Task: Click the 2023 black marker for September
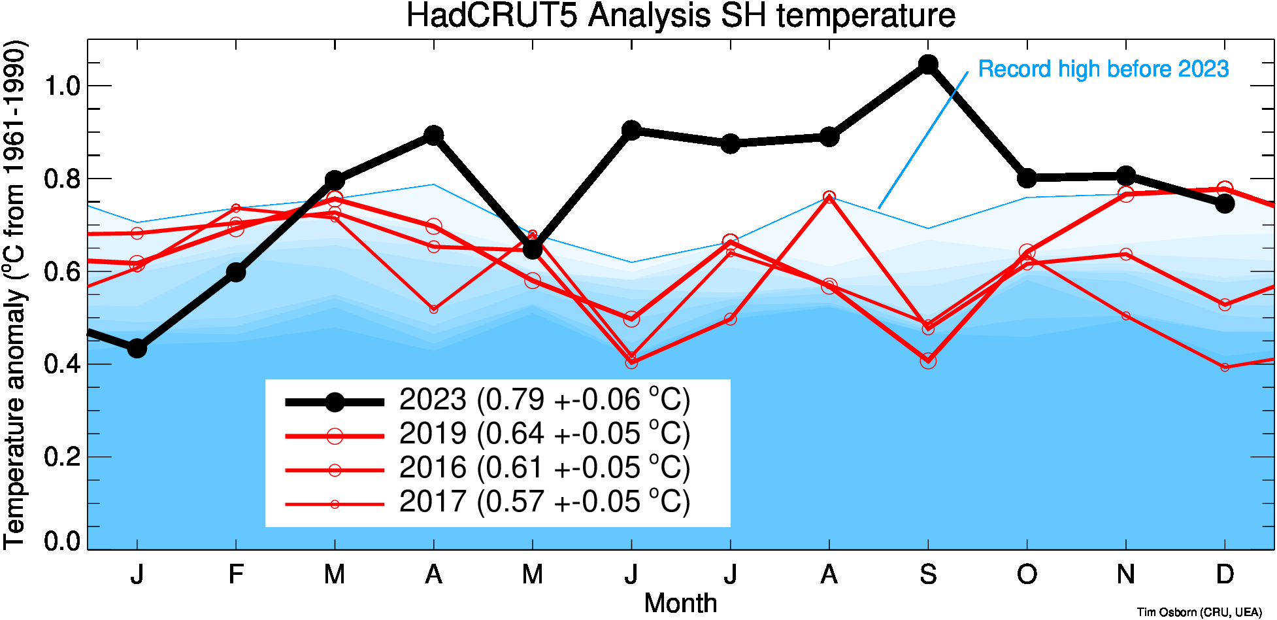pyautogui.click(x=928, y=64)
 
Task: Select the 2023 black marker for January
pyautogui.click(x=137, y=349)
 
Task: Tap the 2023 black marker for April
pyautogui.click(x=433, y=135)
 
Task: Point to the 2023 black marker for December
pyautogui.click(x=1225, y=203)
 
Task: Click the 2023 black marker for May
pyautogui.click(x=533, y=249)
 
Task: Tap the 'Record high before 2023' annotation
pyautogui.click(x=1103, y=69)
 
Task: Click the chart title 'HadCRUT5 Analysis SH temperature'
pyautogui.click(x=680, y=16)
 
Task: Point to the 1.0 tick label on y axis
pyautogui.click(x=62, y=86)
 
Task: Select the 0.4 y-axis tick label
pyautogui.click(x=62, y=364)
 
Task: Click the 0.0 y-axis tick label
pyautogui.click(x=62, y=541)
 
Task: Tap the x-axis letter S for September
pyautogui.click(x=928, y=574)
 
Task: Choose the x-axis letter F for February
pyautogui.click(x=236, y=574)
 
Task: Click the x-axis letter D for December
pyautogui.click(x=1225, y=574)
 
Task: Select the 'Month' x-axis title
pyautogui.click(x=680, y=603)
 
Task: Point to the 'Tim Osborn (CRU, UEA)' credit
pyautogui.click(x=1199, y=612)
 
